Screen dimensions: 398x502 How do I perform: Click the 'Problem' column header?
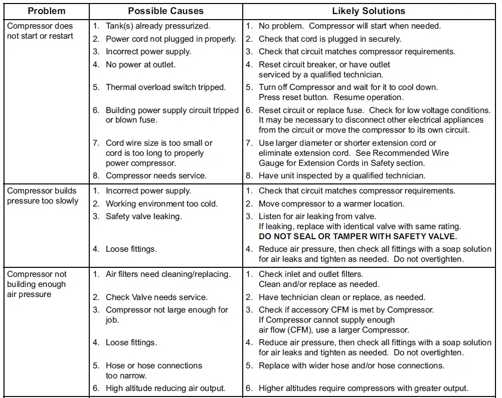coord(46,11)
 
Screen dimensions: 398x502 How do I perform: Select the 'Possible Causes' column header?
coord(165,11)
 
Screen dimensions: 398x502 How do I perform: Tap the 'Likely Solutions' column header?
coord(369,11)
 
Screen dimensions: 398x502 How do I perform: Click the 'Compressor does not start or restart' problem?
coord(40,31)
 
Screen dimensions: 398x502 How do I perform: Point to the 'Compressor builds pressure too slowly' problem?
coord(43,196)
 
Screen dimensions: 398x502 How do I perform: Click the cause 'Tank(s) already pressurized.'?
coord(158,26)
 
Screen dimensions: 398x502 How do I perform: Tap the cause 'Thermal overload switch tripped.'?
coord(165,87)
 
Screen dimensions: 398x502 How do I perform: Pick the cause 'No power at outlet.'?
coord(140,64)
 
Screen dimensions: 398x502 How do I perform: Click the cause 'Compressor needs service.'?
coord(156,176)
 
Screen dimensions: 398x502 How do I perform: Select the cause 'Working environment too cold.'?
coord(161,204)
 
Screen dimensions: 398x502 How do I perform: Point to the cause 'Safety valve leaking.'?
coord(143,217)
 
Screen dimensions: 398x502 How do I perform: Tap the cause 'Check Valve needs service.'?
coord(156,297)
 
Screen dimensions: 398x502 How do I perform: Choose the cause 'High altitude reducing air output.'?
coord(165,388)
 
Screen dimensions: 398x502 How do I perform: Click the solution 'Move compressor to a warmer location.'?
coord(331,204)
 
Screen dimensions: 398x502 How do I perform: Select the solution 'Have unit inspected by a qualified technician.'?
coord(342,176)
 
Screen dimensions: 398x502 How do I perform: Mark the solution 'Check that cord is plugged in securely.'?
coord(330,39)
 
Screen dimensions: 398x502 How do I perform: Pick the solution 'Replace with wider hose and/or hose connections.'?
coord(352,366)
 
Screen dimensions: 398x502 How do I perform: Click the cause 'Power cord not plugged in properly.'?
coord(171,39)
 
